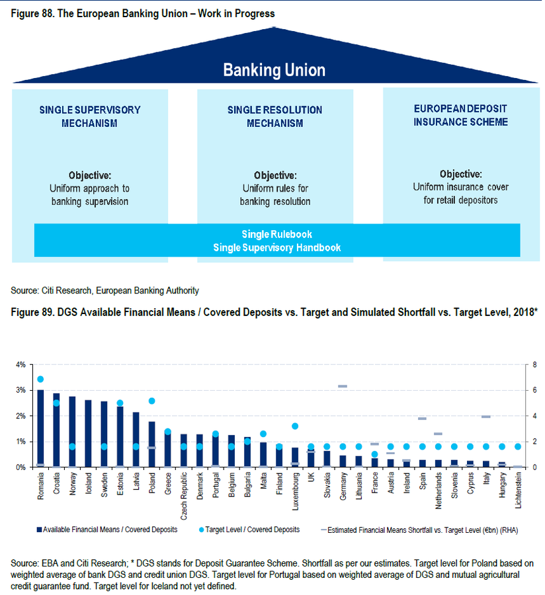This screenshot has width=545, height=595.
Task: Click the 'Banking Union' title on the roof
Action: tap(274, 70)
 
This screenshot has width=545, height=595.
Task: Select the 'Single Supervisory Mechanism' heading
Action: tap(90, 116)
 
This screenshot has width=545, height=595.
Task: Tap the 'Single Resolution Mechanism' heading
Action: tap(274, 116)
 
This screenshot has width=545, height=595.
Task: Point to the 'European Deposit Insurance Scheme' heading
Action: tap(461, 115)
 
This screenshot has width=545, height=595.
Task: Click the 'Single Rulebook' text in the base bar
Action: tap(277, 235)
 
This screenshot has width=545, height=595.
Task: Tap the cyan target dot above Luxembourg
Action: tap(295, 426)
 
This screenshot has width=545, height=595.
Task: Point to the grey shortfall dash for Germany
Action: tap(343, 386)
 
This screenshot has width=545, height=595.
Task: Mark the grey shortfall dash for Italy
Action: tap(486, 416)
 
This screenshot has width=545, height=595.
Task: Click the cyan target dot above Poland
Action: tap(151, 401)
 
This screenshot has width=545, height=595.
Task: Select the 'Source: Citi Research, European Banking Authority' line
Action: tap(105, 290)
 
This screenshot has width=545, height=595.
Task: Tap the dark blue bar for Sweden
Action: tap(104, 434)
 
